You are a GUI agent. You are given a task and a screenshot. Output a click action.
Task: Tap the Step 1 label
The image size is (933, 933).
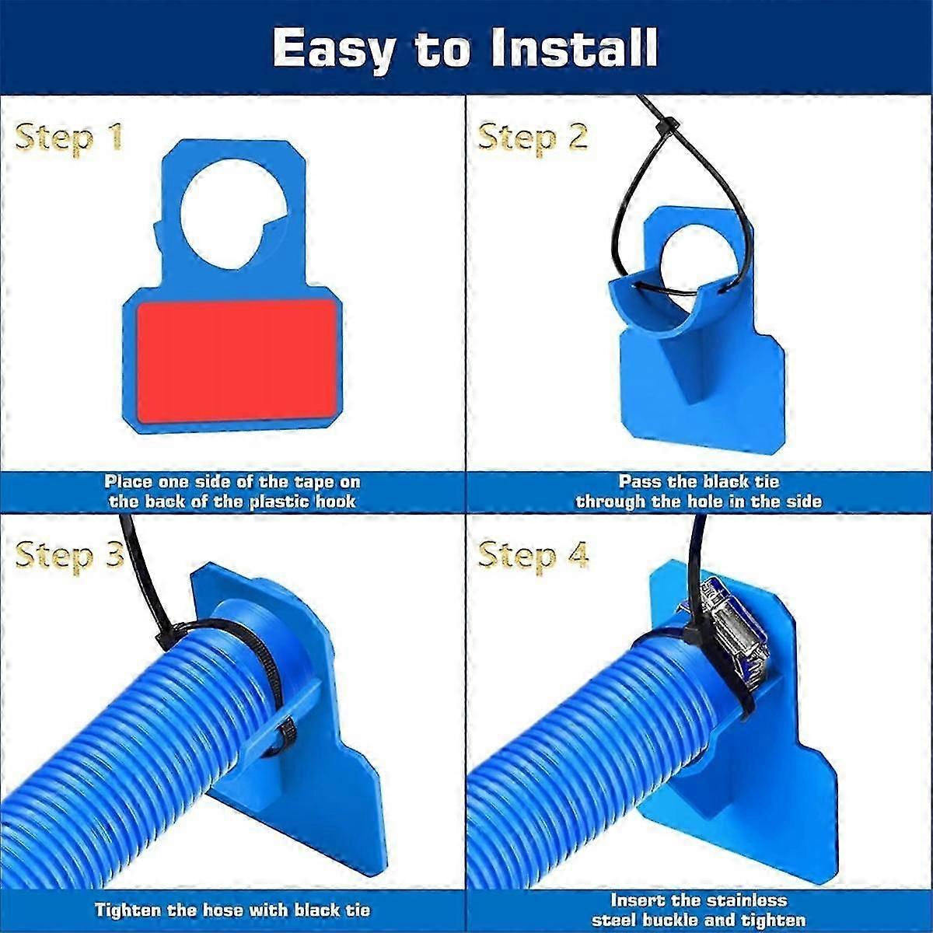68,138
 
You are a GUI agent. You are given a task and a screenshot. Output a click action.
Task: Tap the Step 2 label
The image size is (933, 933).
533,138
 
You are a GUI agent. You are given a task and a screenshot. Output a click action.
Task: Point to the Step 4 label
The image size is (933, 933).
533,555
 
